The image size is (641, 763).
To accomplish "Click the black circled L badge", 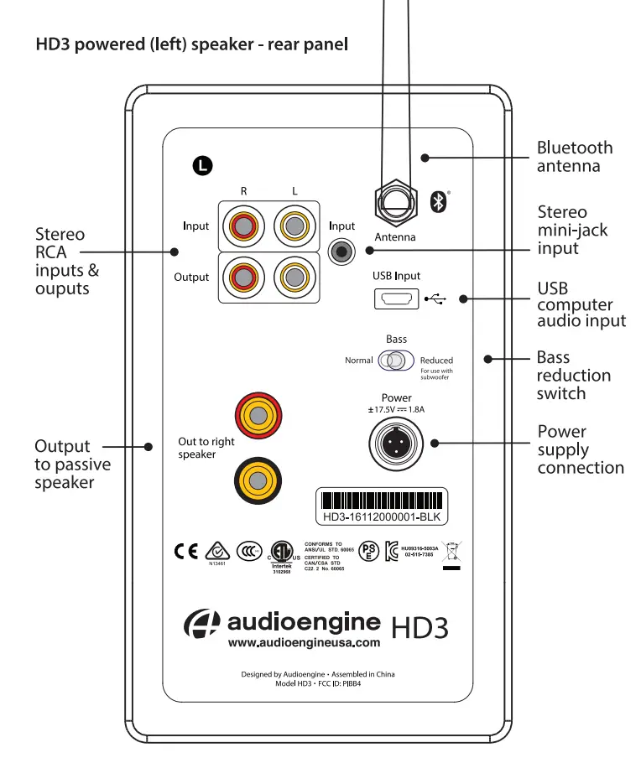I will pyautogui.click(x=202, y=165).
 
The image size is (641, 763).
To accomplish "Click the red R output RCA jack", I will pyautogui.click(x=244, y=277).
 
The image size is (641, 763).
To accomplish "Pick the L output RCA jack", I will pyautogui.click(x=294, y=277).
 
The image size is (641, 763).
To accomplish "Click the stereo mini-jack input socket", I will pyautogui.click(x=341, y=250).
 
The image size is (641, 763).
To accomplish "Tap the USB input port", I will pyautogui.click(x=396, y=298).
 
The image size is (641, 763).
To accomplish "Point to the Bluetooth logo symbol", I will pyautogui.click(x=437, y=201).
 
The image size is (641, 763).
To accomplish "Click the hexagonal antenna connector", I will pyautogui.click(x=395, y=202).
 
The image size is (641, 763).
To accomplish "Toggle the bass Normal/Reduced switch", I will pyautogui.click(x=395, y=361).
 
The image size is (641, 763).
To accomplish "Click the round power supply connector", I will pyautogui.click(x=396, y=440).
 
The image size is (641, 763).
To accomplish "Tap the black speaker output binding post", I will pyautogui.click(x=258, y=481).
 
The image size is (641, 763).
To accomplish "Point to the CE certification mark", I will pyautogui.click(x=185, y=552).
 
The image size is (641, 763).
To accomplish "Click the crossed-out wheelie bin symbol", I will pyautogui.click(x=451, y=553).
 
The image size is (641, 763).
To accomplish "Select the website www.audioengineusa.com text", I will pyautogui.click(x=304, y=643).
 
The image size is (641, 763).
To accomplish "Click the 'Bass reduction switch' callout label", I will pyautogui.click(x=574, y=376).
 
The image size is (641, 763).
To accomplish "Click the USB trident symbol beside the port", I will pyautogui.click(x=436, y=298).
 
